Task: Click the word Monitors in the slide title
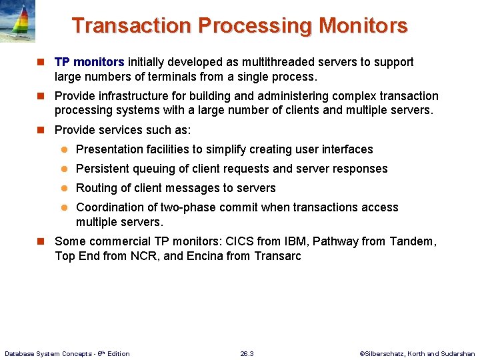pyautogui.click(x=363, y=26)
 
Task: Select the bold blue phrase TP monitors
pyautogui.click(x=89, y=62)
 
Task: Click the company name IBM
pyautogui.click(x=291, y=241)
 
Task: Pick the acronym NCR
pyautogui.click(x=149, y=256)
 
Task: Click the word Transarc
pyautogui.click(x=277, y=256)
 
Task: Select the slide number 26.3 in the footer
pyautogui.click(x=247, y=353)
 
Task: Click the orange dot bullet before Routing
pyautogui.click(x=66, y=189)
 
